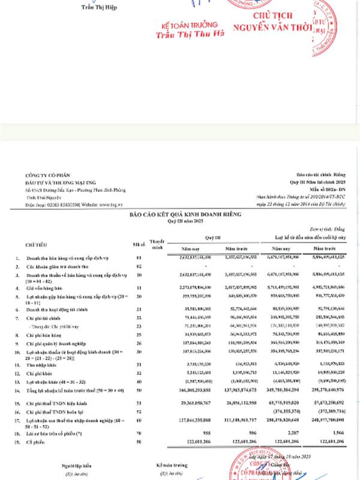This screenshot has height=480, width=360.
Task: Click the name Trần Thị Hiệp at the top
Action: coord(99,7)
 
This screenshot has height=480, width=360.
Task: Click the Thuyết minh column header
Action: coord(157,244)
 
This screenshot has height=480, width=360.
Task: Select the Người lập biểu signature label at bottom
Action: coord(60,464)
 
